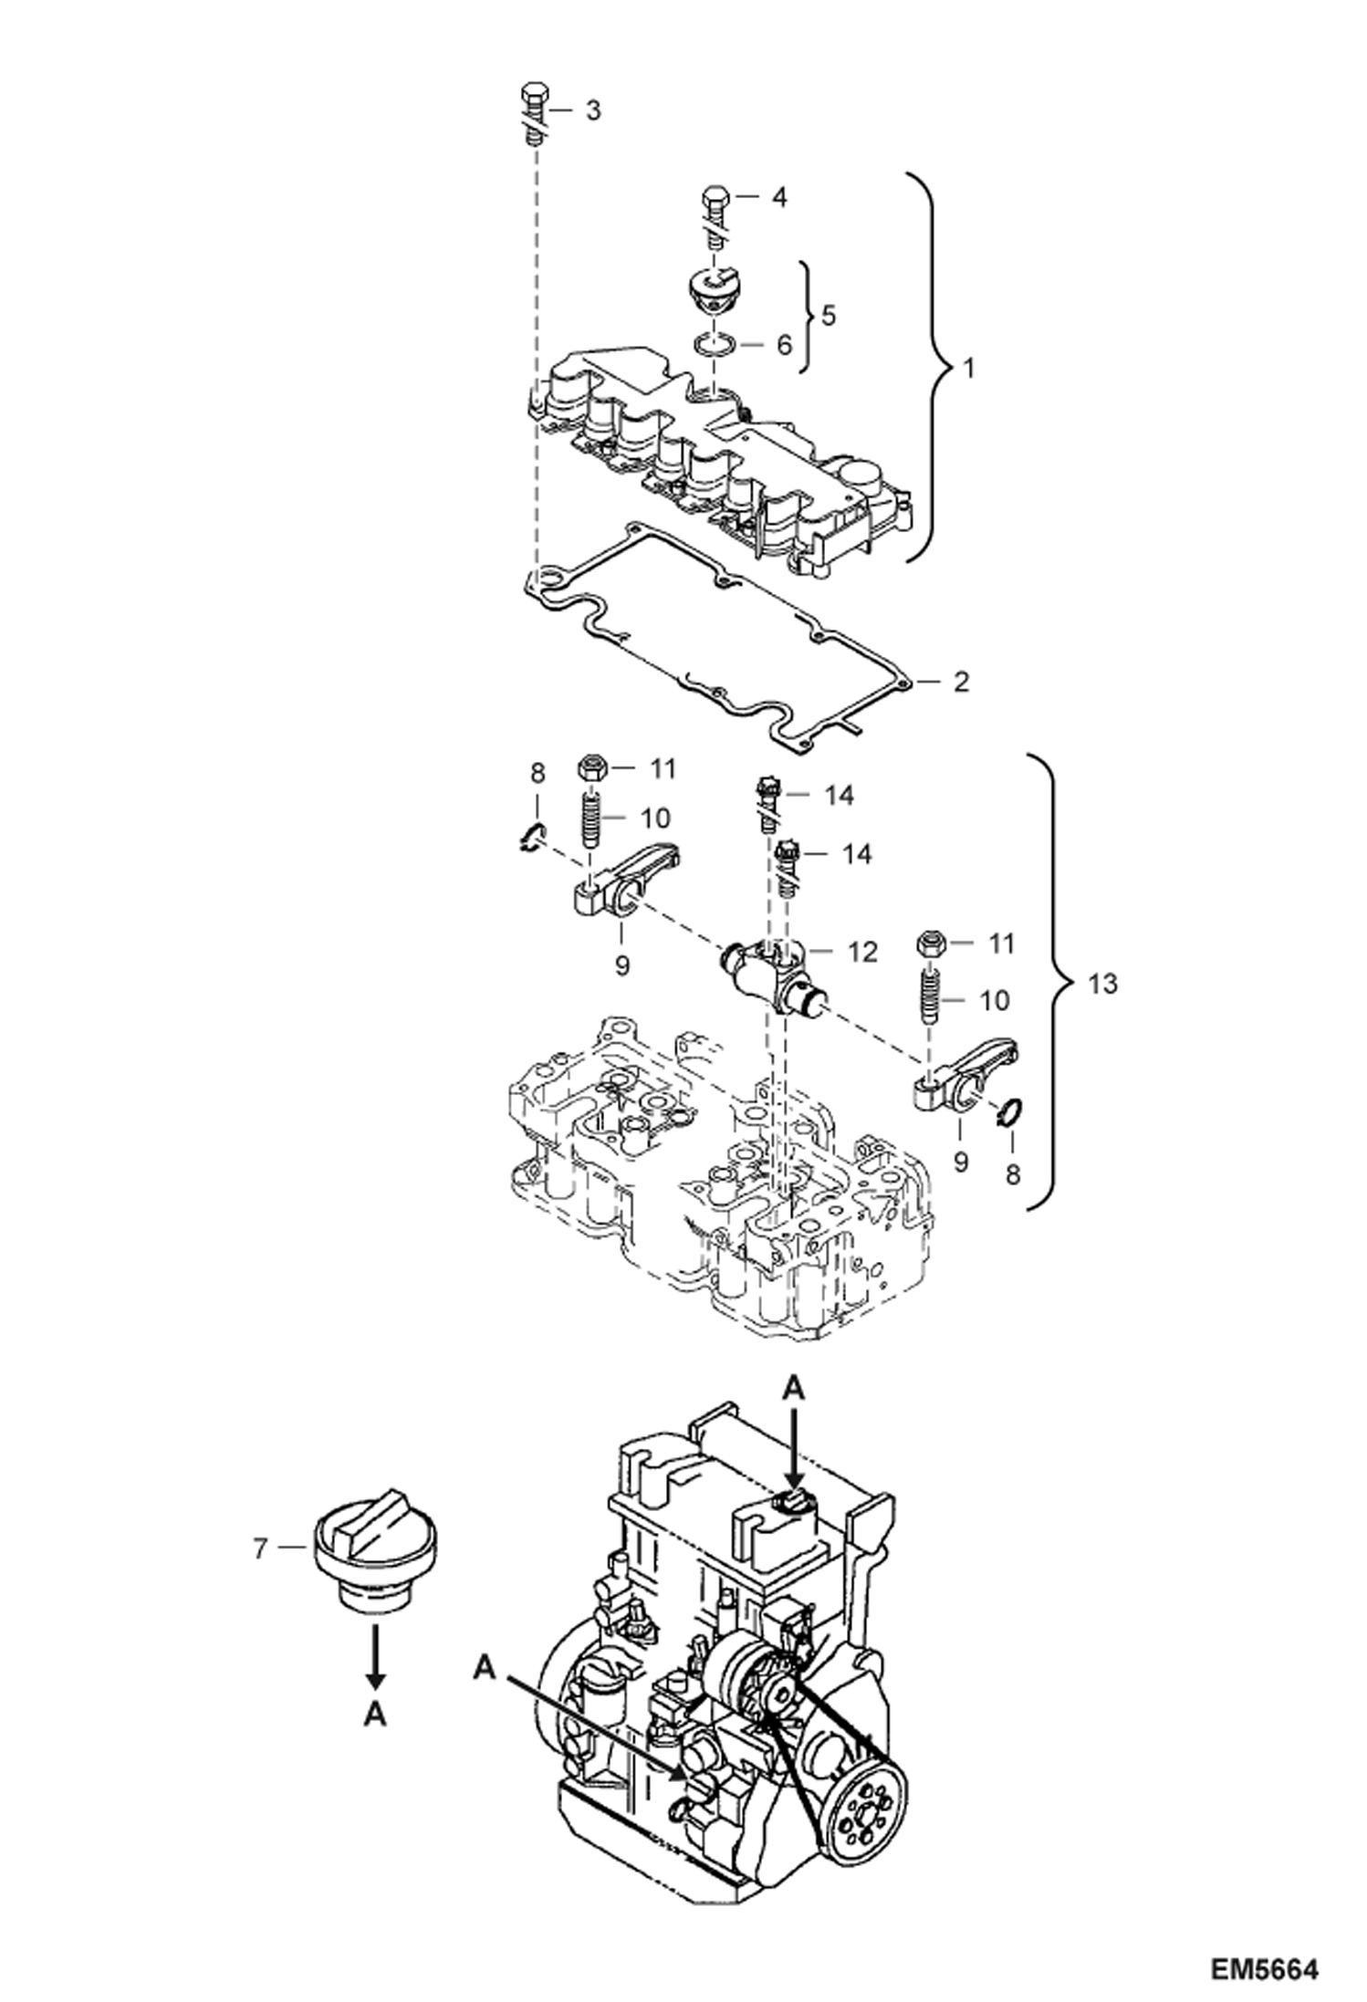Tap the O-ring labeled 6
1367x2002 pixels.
pos(713,345)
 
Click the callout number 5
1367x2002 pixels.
pos(828,315)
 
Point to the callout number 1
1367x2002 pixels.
pos(969,369)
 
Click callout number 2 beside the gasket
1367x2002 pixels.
pos(960,681)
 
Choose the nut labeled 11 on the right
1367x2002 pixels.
pos(929,943)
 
